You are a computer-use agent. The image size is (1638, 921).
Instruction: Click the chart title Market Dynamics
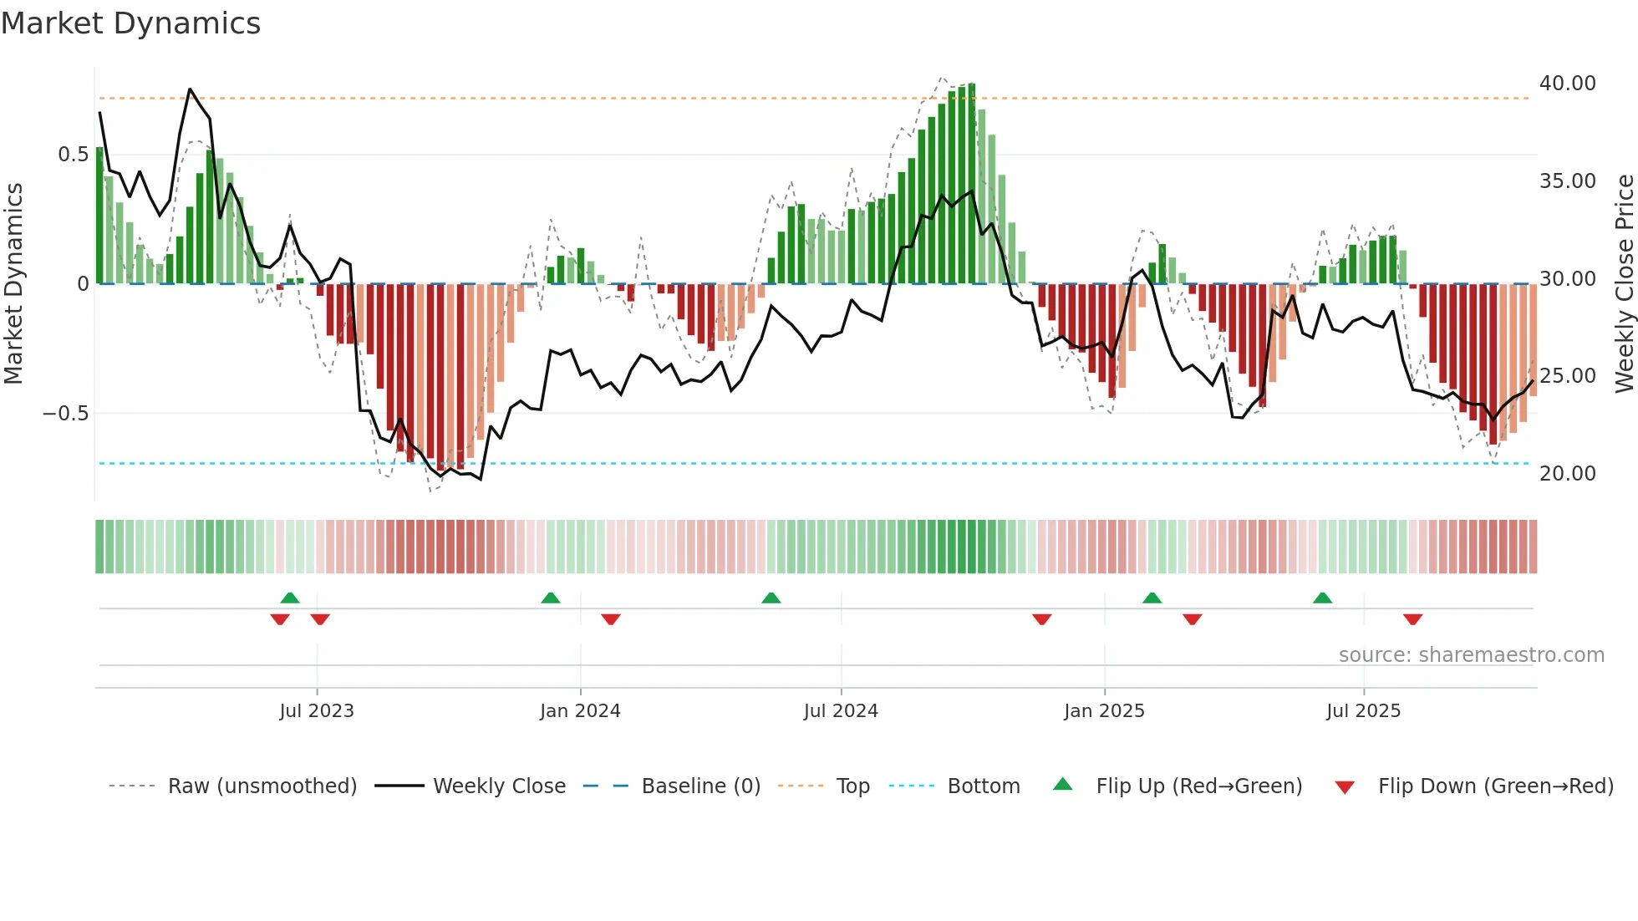(130, 23)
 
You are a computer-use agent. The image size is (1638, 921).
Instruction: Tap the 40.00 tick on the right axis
(1567, 84)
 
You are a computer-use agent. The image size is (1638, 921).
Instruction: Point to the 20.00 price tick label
(1567, 474)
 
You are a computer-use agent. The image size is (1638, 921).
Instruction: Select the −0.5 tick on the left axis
(65, 414)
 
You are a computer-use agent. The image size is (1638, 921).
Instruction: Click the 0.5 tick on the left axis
(73, 155)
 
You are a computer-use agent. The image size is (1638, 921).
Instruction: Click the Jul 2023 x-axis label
(317, 711)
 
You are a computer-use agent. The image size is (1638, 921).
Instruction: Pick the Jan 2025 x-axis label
(1104, 711)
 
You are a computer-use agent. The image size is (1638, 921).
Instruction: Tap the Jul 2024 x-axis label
(841, 711)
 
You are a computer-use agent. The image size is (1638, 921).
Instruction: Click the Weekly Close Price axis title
(1624, 284)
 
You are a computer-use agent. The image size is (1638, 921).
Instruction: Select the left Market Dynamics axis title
(13, 284)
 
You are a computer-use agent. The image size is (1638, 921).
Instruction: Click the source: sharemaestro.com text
(1471, 655)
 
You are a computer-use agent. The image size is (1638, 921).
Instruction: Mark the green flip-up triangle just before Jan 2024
(550, 598)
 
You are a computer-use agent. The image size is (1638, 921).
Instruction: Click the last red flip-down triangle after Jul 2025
(1412, 619)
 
